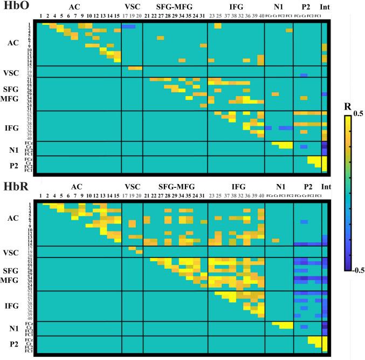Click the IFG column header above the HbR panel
pyautogui.click(x=235, y=187)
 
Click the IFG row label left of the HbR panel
pyautogui.click(x=16, y=305)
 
